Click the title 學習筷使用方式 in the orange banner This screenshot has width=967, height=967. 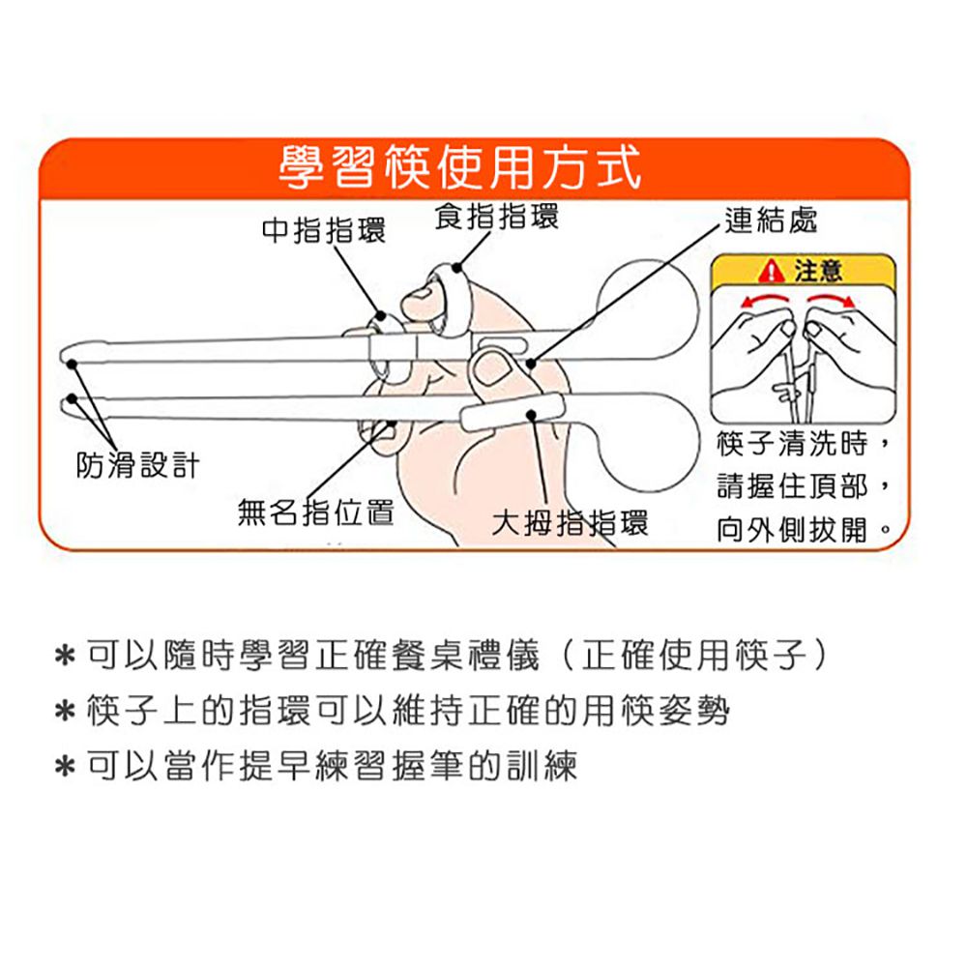coord(459,167)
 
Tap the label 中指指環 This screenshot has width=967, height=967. coord(324,231)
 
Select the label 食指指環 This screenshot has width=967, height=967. coord(497,217)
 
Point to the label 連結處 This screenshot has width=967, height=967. coord(771,220)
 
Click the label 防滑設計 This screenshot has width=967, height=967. coord(138,465)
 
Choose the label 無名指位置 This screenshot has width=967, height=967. coord(316,513)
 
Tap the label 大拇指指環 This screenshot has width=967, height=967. coord(570,523)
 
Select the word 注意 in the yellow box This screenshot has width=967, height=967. coord(818,271)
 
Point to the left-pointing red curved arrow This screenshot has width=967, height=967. coord(765,299)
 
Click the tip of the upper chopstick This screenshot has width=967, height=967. coord(67,355)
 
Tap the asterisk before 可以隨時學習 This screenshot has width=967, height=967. coord(65,655)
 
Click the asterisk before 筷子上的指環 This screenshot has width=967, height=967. coord(65,711)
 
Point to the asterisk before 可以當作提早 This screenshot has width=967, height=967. coord(65,767)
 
